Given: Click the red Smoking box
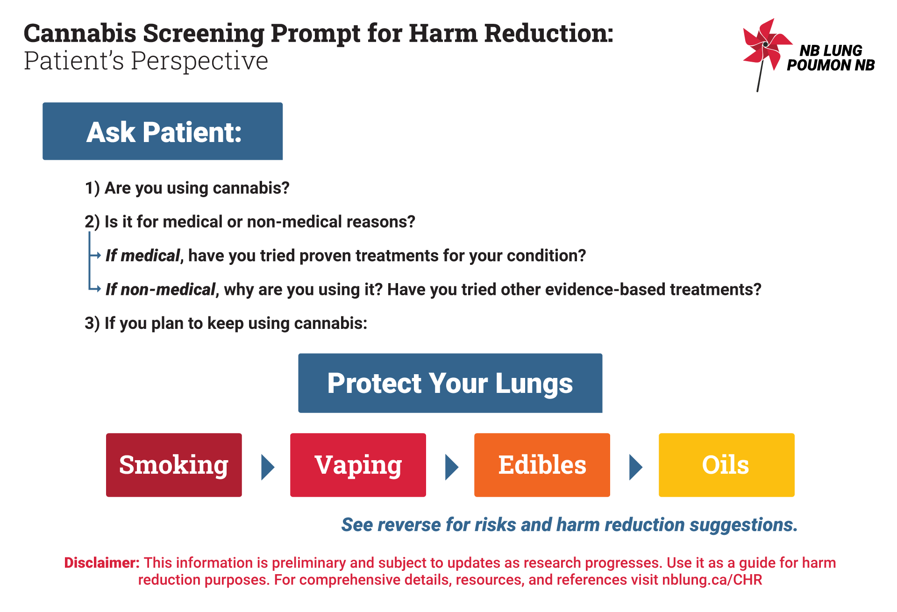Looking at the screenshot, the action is click(x=174, y=465).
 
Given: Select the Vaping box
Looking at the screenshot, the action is click(x=358, y=465).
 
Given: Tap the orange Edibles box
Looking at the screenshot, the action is click(x=542, y=465).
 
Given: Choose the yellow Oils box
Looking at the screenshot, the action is click(x=726, y=465).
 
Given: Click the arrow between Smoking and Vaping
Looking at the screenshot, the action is click(x=267, y=467).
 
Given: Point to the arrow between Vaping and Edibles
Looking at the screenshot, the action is click(x=452, y=467).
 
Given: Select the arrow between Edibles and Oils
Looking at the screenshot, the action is click(x=636, y=467).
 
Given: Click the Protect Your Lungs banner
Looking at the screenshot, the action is click(x=450, y=383).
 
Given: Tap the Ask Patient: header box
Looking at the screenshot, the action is click(x=163, y=131).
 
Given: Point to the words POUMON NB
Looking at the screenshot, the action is click(x=831, y=65).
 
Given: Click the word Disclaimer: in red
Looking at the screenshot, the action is click(x=102, y=562).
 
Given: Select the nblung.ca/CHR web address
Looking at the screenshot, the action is click(x=712, y=580).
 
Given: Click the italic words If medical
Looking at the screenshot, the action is click(x=142, y=256).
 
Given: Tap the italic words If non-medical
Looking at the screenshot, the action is click(x=160, y=290).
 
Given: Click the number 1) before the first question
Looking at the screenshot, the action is click(x=92, y=188).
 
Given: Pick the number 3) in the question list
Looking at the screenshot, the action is click(x=92, y=323).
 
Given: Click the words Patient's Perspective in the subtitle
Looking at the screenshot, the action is click(x=146, y=61).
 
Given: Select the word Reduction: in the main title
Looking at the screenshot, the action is click(x=549, y=33).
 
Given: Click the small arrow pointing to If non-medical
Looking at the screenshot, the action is click(x=95, y=289).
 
